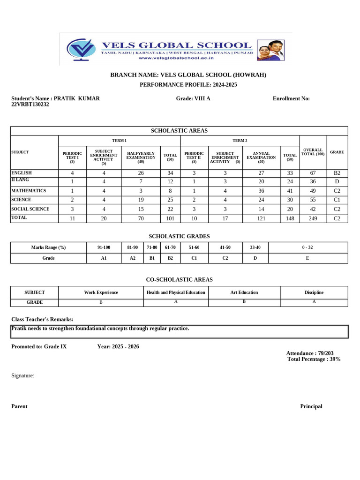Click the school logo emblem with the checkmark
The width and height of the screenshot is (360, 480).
click(x=82, y=49)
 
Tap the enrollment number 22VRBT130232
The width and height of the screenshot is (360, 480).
click(x=30, y=105)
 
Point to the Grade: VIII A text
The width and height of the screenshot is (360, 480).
click(x=193, y=98)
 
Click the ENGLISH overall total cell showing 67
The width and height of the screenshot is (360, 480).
click(x=313, y=173)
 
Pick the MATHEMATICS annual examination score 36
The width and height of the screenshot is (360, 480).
click(x=261, y=191)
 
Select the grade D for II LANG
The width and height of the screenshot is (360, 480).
click(x=337, y=182)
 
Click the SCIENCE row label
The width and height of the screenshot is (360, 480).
click(x=22, y=200)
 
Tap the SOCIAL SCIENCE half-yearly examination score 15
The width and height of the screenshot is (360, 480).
click(x=141, y=209)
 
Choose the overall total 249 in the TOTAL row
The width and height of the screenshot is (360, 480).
click(x=313, y=218)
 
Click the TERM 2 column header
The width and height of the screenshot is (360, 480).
click(x=240, y=141)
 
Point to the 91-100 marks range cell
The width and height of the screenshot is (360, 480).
click(x=104, y=247)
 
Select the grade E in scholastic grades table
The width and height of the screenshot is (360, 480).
click(x=307, y=258)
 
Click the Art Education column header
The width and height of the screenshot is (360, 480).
click(x=244, y=292)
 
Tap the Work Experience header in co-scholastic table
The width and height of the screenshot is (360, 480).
click(x=101, y=292)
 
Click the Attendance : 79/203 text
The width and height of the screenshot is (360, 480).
click(x=310, y=353)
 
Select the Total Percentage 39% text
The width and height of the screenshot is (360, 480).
click(x=314, y=359)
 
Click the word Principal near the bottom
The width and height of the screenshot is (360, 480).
click(x=311, y=406)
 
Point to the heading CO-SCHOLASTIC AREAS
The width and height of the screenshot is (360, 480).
click(x=179, y=279)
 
